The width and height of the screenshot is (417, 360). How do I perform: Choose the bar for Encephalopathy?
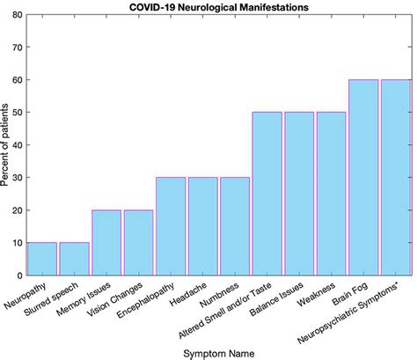pyautogui.click(x=171, y=231)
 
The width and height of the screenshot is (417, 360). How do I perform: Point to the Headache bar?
pyautogui.click(x=203, y=231)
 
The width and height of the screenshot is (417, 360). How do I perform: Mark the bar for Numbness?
pyautogui.click(x=235, y=231)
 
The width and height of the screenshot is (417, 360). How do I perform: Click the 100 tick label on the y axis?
pyautogui.click(x=14, y=17)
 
